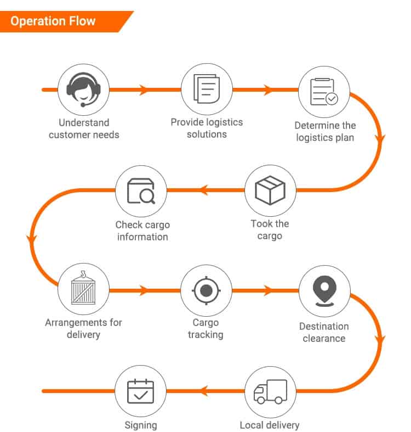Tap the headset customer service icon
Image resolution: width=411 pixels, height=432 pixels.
(x=83, y=89)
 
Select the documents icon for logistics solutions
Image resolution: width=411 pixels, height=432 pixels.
(x=207, y=89)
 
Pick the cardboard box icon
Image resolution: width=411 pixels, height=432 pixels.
(x=270, y=190)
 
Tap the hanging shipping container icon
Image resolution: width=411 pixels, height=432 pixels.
(x=83, y=289)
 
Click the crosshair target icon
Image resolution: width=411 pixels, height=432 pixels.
(x=206, y=290)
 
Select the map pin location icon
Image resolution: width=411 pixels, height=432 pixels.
(x=324, y=290)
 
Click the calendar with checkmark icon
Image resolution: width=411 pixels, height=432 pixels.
(x=141, y=391)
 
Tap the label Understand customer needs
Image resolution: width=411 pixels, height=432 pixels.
(x=84, y=128)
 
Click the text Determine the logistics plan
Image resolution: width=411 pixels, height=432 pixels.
(x=325, y=132)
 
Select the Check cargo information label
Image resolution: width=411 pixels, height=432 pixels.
(x=142, y=231)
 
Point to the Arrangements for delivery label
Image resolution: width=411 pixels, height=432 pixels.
(x=83, y=328)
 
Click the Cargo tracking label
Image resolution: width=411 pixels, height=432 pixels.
(x=206, y=329)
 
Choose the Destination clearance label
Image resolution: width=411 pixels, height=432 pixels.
(x=324, y=332)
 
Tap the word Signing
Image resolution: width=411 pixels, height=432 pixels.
(x=140, y=425)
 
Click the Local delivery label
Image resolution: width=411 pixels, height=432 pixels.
(x=270, y=425)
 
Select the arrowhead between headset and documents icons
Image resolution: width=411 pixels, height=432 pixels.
(x=144, y=90)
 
